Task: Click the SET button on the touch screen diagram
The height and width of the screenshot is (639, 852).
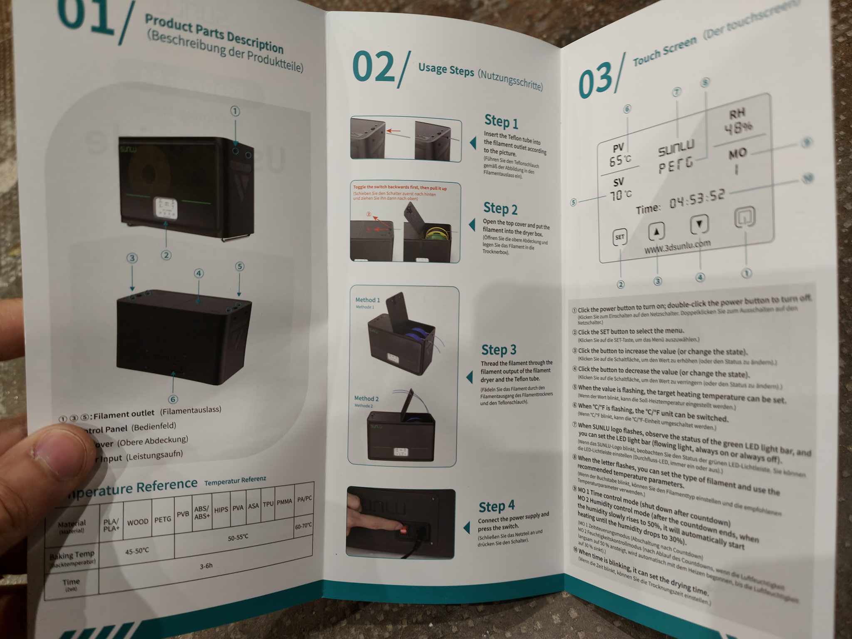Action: (619, 237)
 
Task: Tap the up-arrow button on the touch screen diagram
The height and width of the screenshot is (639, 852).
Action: (656, 231)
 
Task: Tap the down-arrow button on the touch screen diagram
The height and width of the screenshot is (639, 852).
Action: (699, 224)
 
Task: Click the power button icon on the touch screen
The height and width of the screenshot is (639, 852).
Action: (744, 217)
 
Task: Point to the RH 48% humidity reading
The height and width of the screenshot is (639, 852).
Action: (738, 121)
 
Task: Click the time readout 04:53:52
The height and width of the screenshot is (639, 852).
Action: (697, 199)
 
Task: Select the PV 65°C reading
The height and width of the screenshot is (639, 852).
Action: (619, 154)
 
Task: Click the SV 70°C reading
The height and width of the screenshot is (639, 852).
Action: (620, 189)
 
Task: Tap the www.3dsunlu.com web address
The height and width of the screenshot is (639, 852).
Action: (677, 246)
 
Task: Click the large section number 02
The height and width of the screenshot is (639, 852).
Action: (373, 67)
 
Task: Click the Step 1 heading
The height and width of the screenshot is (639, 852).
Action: (501, 121)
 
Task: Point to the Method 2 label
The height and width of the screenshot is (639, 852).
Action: (367, 399)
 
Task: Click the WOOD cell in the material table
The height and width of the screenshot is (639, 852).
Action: (138, 522)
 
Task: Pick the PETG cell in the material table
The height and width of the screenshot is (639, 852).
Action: (163, 519)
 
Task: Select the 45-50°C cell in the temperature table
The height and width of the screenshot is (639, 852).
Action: (137, 551)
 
